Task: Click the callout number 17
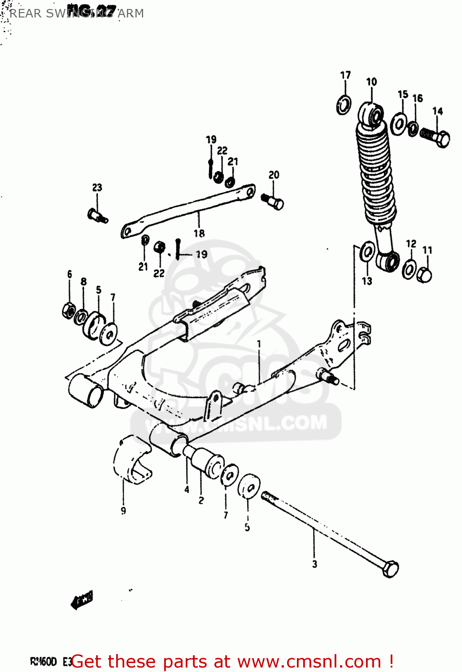pos(345,75)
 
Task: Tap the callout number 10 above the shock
pos(371,82)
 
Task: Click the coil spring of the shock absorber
pos(376,175)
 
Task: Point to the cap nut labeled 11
pos(424,275)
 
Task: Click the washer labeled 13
pos(368,252)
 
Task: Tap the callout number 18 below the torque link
pos(199,233)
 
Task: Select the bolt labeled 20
pos(273,201)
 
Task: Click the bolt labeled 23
pos(97,215)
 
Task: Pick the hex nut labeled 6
pos(69,310)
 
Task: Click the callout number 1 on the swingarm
pos(259,344)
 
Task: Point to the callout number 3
pos(314,564)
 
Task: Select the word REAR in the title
pos(26,13)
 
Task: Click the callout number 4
pos(187,490)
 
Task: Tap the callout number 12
pos(411,243)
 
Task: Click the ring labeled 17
pos(344,105)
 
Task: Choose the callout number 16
pos(418,98)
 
